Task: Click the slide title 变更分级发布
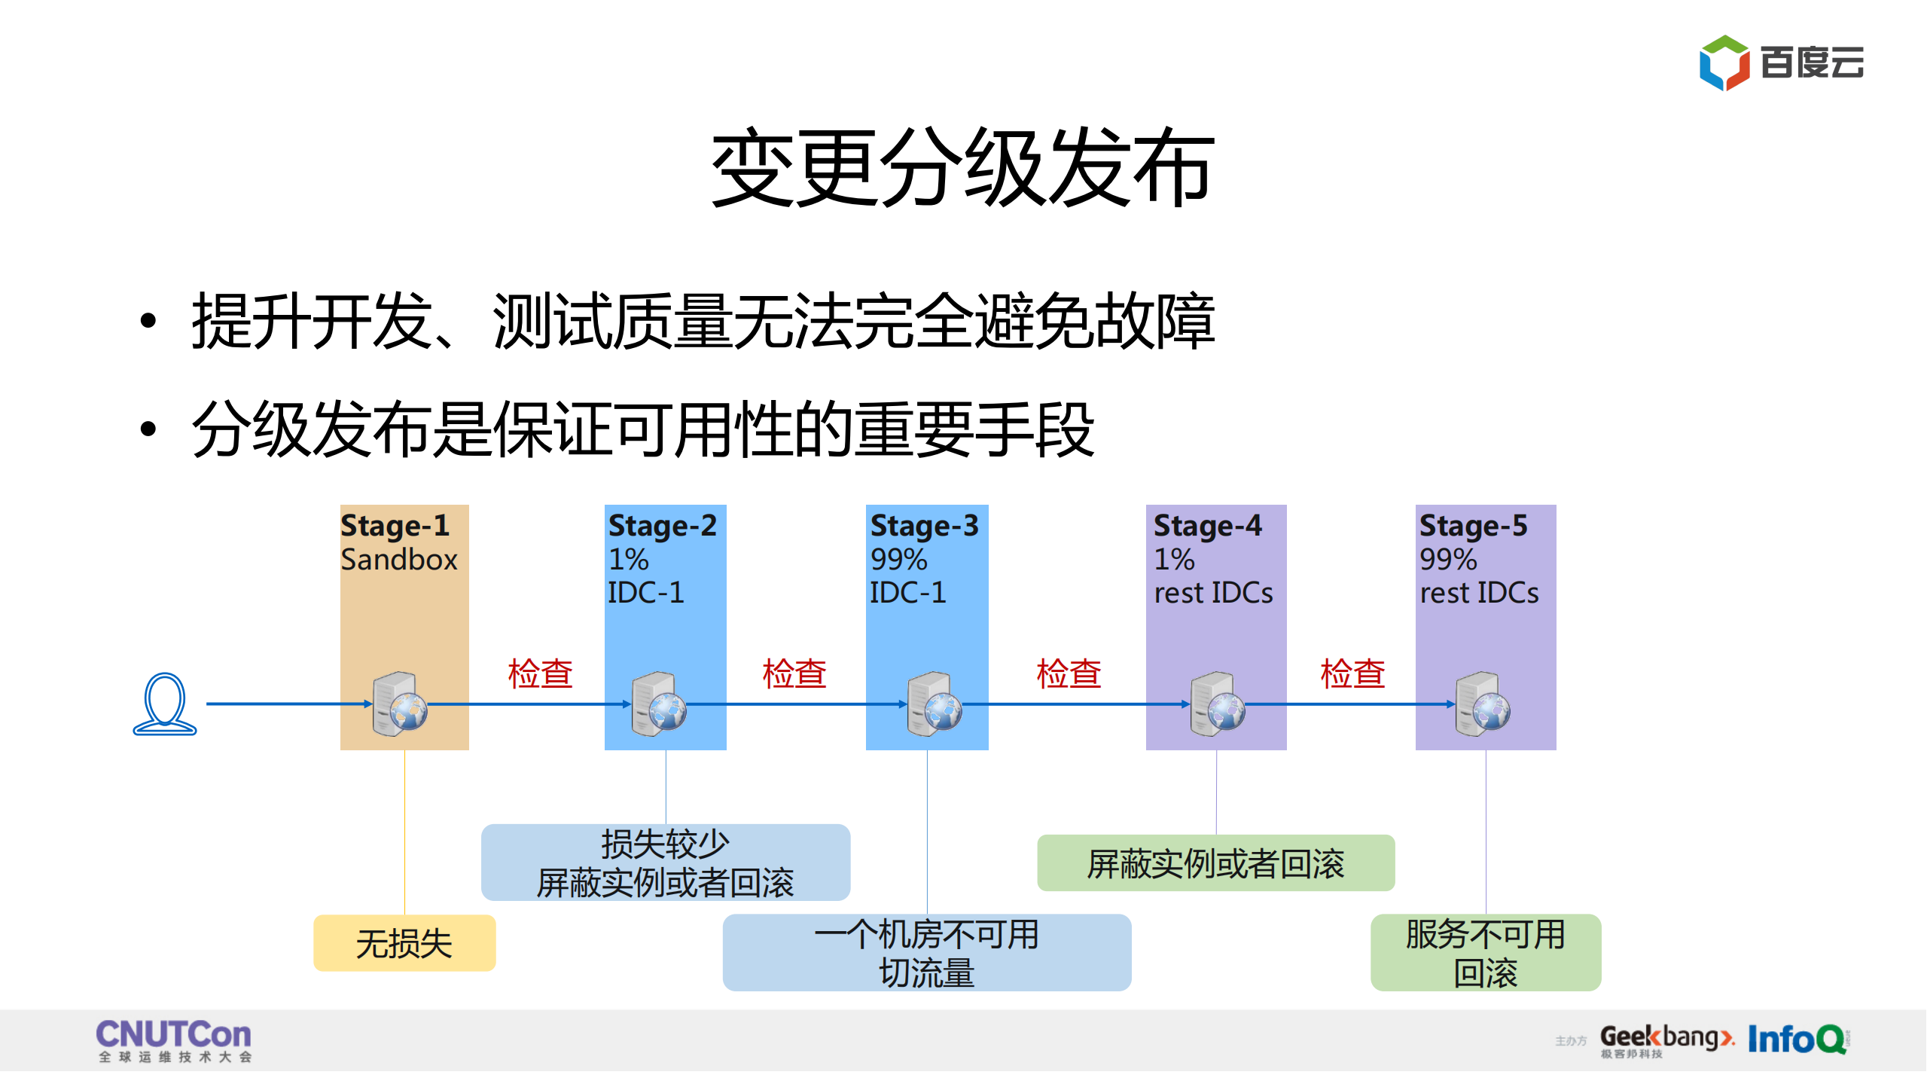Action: [962, 167]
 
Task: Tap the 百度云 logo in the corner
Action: [1781, 63]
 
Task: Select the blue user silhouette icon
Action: [165, 704]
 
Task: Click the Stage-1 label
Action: [395, 525]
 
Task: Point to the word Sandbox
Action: [398, 560]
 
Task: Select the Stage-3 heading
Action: [924, 525]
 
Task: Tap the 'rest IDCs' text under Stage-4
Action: [1213, 593]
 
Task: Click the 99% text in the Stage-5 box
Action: [1447, 560]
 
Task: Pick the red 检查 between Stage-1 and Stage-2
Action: [540, 673]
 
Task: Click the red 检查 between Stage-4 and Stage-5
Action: [1352, 673]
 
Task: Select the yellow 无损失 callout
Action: [404, 943]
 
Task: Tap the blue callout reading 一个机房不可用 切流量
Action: [926, 953]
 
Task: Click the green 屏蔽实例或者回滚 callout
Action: [1215, 863]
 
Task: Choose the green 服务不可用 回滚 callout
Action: [1485, 953]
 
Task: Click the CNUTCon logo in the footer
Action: [174, 1040]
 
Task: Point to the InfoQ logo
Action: [1797, 1040]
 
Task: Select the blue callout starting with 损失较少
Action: [666, 863]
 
